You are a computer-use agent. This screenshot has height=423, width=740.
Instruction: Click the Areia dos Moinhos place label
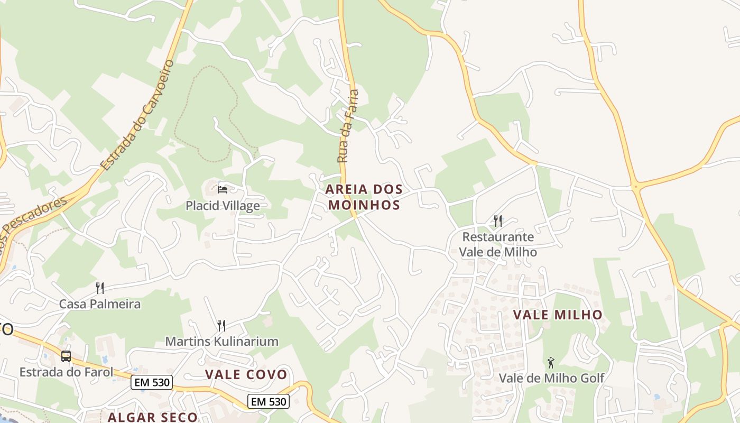tap(364, 197)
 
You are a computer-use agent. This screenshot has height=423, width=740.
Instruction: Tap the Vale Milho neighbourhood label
tap(558, 315)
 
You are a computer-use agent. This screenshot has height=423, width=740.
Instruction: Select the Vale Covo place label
tap(246, 374)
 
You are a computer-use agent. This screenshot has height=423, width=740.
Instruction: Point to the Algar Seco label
tap(153, 417)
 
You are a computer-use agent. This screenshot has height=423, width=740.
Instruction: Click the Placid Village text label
tap(223, 206)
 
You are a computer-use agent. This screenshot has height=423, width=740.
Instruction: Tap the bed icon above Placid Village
tap(223, 189)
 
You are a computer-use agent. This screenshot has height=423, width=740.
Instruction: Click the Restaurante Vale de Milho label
tap(498, 244)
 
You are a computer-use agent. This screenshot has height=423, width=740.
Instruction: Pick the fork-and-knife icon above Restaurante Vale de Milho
tap(497, 220)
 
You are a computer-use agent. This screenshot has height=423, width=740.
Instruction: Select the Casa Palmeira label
tap(100, 304)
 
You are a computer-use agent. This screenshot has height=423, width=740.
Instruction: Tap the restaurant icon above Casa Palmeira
tap(99, 288)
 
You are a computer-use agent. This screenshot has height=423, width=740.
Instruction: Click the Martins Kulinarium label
tap(221, 341)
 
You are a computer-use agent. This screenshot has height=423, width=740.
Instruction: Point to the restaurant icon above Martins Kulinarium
tap(221, 325)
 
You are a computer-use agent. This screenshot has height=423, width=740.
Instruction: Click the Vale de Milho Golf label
tap(551, 378)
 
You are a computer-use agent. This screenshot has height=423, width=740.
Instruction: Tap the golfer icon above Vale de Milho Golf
tap(551, 363)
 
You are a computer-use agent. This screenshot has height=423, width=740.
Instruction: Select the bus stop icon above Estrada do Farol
tap(66, 356)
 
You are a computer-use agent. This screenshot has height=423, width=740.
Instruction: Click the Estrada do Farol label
tap(66, 372)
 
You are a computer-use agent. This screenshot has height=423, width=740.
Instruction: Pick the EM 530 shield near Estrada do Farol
tap(152, 382)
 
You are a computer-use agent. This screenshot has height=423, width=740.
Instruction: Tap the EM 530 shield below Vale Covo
tap(269, 401)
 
